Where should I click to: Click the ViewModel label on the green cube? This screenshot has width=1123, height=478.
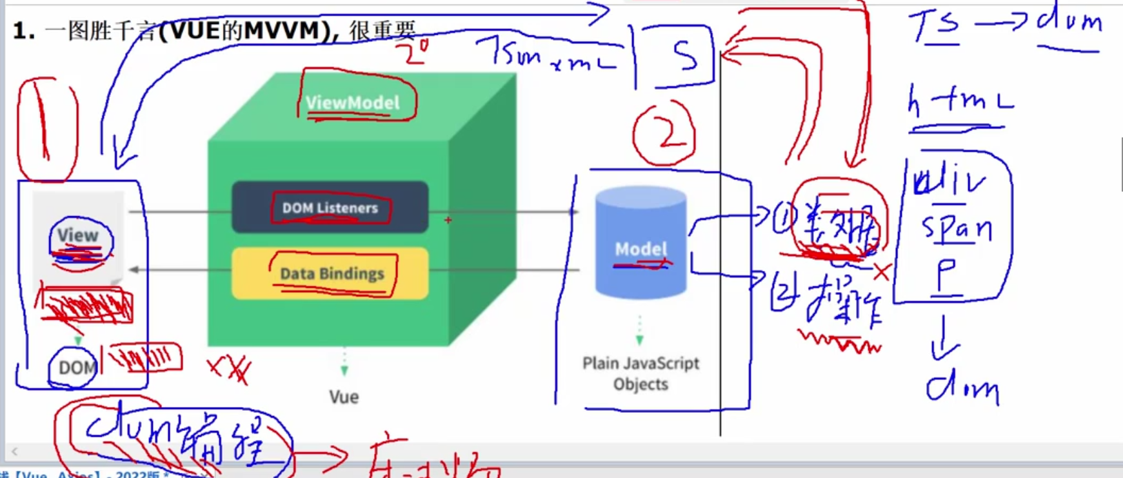coord(352,103)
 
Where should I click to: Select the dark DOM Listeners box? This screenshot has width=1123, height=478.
coord(330,208)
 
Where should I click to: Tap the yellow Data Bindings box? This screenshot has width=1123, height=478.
coord(331,274)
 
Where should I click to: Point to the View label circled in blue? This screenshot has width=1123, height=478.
coord(78,236)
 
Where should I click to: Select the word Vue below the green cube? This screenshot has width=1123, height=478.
coord(344,397)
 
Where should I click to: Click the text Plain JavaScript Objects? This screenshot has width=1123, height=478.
coord(641,373)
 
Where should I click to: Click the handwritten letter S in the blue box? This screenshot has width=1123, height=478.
coord(685,56)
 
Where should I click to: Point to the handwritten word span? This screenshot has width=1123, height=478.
coord(956,228)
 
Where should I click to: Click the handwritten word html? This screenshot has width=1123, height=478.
coord(960,102)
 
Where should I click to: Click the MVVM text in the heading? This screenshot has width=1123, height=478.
coord(281,30)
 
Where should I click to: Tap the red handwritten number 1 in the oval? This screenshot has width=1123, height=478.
coord(45,126)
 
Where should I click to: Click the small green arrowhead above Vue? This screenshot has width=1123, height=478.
coord(344,370)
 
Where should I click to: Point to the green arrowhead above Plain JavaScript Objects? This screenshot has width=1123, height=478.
coord(640,339)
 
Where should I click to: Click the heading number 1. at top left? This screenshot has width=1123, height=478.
coord(24,31)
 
